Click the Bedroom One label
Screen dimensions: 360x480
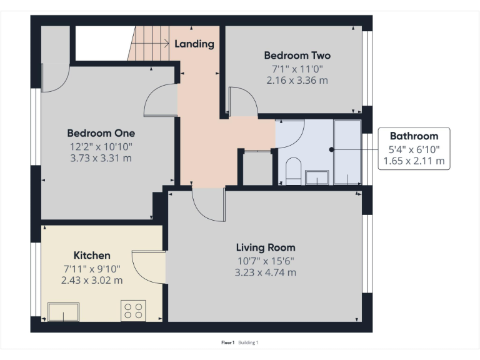coord(101,133)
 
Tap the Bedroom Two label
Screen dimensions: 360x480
coord(297,56)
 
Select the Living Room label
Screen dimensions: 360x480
coord(265,247)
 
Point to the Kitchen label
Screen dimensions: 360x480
coord(92,255)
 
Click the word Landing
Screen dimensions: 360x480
coord(194,44)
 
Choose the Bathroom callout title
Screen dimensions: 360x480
coord(414,136)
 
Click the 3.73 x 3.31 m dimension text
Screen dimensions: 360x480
coord(101,158)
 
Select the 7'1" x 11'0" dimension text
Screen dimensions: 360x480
coord(297,68)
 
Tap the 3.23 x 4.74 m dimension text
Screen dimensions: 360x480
coord(265,272)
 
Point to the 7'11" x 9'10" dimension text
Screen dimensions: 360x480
coord(92,268)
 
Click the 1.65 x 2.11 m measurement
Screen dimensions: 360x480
coord(414,161)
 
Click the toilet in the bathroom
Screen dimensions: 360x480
coord(292,171)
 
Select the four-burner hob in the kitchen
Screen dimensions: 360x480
coord(133,311)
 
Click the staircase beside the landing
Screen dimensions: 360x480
coord(150,44)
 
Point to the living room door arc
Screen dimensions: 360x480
coord(206,205)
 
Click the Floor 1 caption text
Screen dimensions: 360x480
coord(227,342)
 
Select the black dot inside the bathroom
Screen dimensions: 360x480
coord(331,149)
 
